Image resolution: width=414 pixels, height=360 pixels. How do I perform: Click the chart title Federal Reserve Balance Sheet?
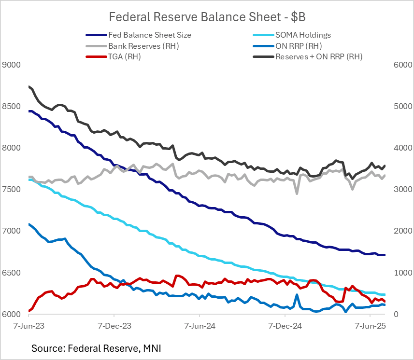tap(207, 17)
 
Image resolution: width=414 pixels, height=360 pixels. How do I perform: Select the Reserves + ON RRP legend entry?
tap(318, 56)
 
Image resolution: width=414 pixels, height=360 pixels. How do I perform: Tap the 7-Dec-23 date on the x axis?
tap(114, 326)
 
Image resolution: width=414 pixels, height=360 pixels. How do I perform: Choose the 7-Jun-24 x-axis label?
tap(200, 326)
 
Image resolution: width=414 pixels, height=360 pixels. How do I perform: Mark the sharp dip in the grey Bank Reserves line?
tap(297, 193)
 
